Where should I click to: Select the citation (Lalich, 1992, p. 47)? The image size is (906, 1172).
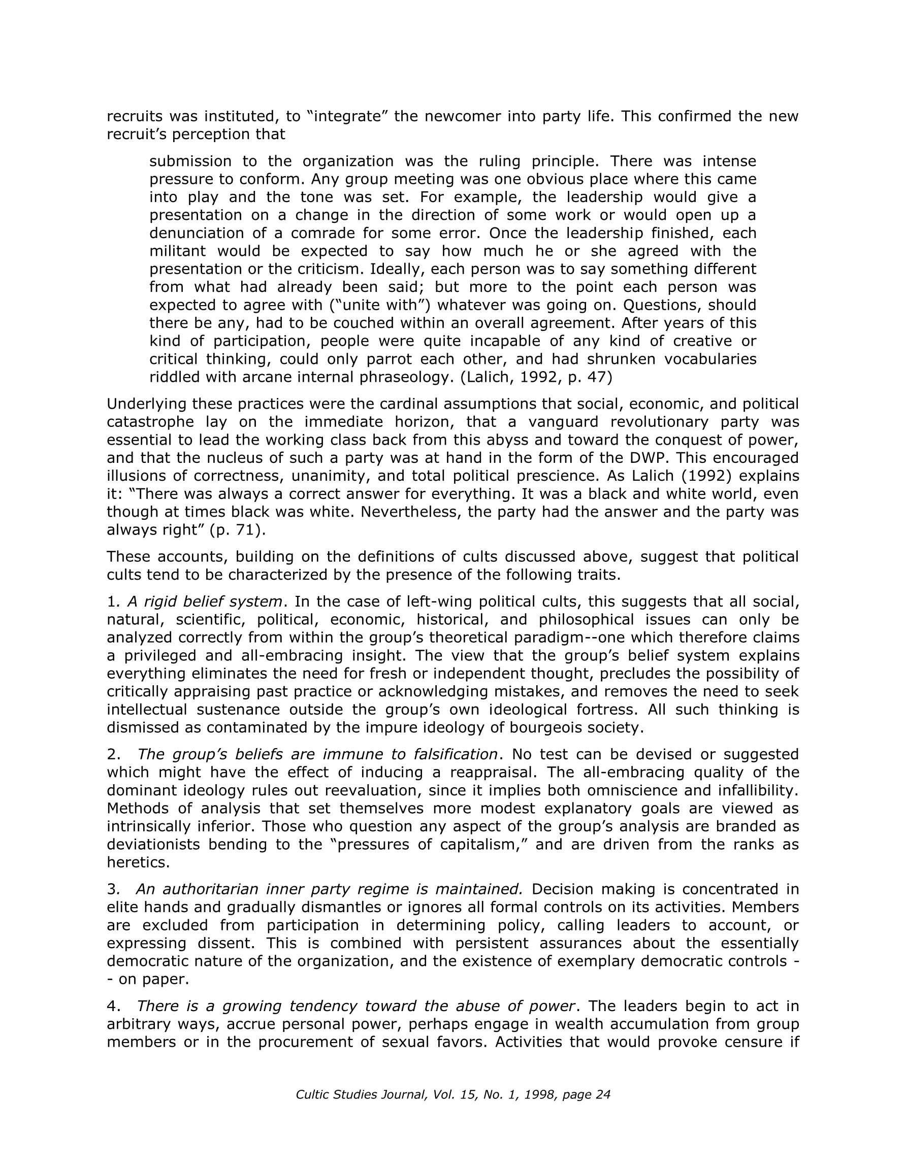[536, 377]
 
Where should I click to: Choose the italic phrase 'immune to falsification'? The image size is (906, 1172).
[409, 754]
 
